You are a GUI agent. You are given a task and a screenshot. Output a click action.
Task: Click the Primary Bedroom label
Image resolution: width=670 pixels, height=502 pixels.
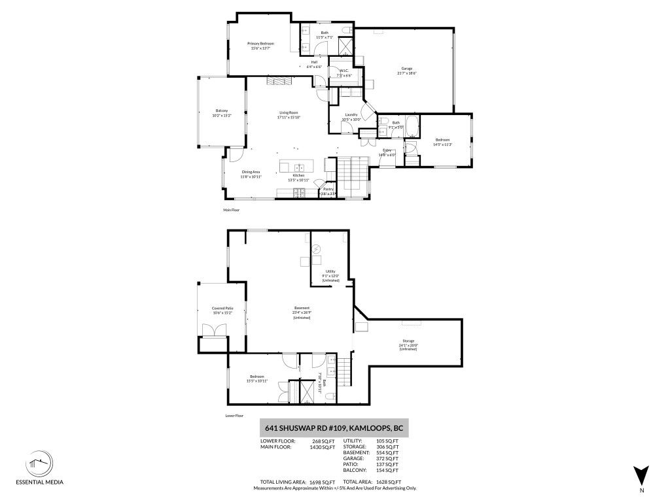[x=260, y=44]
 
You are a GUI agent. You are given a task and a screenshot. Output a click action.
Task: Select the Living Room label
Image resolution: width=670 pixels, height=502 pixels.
[x=289, y=112]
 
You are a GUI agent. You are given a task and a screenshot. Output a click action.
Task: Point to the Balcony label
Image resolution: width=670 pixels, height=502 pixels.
[x=222, y=110]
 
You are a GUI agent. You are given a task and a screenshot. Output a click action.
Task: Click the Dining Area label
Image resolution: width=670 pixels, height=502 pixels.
[x=251, y=172]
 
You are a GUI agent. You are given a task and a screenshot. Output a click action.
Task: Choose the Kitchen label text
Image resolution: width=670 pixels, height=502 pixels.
[x=299, y=175]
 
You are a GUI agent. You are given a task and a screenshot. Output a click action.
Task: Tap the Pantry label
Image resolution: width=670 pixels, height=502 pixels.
[x=328, y=189]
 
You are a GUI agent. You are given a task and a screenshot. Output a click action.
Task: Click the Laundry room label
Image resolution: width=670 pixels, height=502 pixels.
[x=351, y=114]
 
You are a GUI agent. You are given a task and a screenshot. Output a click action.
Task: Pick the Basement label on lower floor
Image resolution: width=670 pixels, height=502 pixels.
[x=302, y=308]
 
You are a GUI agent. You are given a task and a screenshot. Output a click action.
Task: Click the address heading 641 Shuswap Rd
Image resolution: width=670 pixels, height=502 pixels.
[x=334, y=428]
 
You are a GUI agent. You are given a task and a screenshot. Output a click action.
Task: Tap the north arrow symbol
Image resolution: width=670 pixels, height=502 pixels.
[x=641, y=475]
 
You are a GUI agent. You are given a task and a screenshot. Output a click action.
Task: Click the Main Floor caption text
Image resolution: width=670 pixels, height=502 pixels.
[x=233, y=210]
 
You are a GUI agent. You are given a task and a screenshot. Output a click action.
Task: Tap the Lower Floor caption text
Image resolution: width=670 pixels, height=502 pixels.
[x=234, y=414]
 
